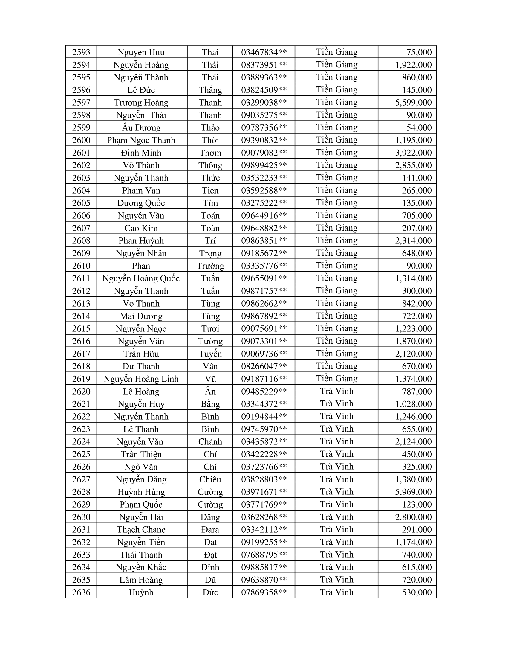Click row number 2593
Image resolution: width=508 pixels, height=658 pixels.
81,52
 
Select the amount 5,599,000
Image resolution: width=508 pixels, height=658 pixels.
413,102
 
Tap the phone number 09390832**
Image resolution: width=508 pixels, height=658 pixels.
264,140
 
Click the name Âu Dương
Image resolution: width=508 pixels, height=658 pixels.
141,128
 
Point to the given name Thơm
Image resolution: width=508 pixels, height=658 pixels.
210,153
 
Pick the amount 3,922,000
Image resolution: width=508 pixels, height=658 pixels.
413,153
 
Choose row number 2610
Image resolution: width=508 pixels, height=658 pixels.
81,266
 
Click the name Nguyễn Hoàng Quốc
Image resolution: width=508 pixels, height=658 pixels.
141,278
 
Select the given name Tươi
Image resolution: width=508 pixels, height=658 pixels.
210,329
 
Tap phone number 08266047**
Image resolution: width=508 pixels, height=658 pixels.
264,366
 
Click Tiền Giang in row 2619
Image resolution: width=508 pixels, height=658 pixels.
336,379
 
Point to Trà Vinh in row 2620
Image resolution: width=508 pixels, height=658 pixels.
336,392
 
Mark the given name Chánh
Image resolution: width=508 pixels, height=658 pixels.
210,442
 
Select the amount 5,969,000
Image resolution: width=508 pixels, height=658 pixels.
413,492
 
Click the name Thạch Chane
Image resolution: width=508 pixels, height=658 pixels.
141,530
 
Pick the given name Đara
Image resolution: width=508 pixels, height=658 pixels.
210,530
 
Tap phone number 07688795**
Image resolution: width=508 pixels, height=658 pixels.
264,555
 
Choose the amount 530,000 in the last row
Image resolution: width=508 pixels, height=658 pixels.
417,592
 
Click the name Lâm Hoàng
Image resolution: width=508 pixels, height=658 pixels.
141,580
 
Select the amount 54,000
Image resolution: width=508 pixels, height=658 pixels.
419,128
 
